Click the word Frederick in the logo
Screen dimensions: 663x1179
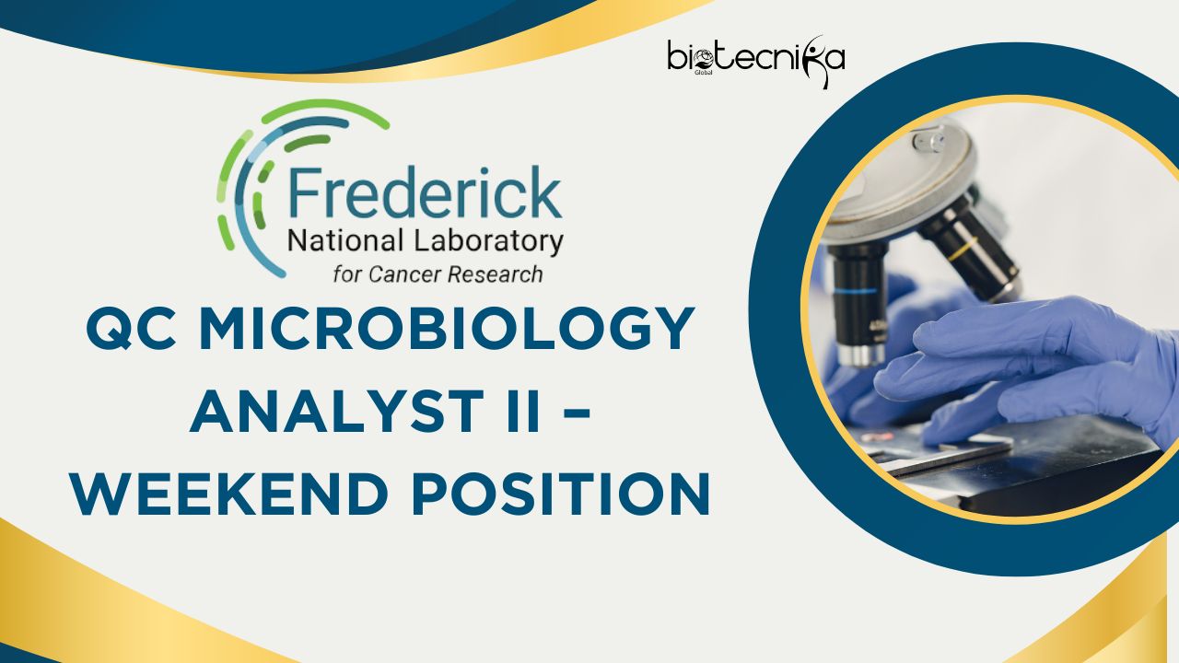pyautogui.click(x=423, y=192)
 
